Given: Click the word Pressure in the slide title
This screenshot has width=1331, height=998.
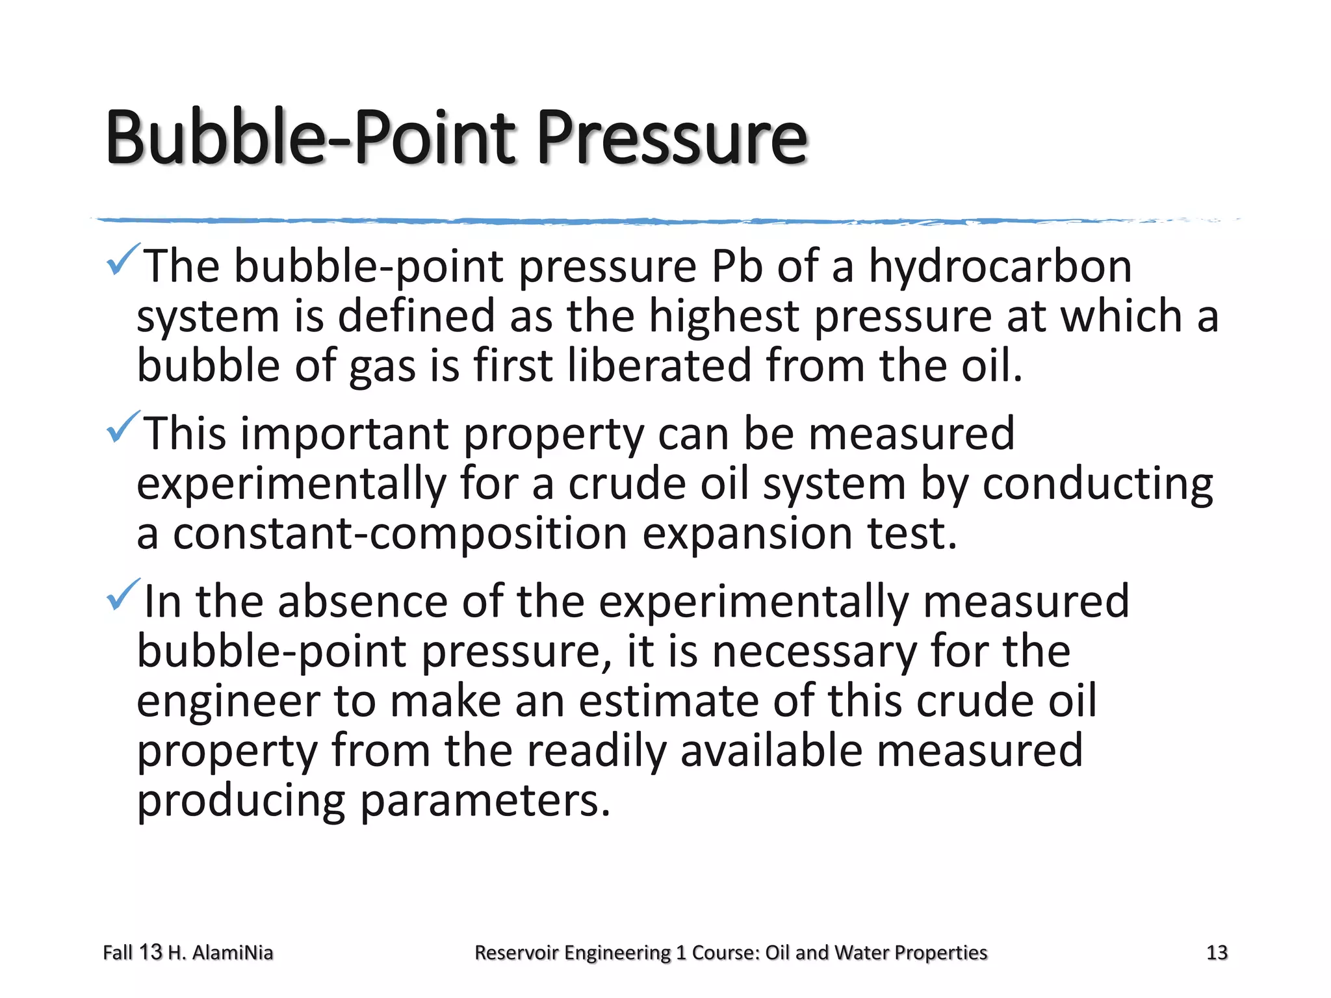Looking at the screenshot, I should point(672,138).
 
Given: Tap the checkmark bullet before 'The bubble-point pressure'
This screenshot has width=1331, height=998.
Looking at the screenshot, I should point(122,260).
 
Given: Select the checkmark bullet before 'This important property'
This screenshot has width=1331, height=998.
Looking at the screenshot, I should point(122,428).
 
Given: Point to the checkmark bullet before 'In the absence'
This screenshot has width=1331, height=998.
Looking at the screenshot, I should point(122,595).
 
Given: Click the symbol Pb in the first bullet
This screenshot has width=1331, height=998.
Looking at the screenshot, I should point(736,266).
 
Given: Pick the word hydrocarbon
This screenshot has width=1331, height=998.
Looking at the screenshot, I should point(1000,268).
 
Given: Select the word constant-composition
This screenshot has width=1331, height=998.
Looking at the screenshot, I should point(399,534).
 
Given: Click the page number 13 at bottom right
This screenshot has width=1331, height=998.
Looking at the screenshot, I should point(1217,953).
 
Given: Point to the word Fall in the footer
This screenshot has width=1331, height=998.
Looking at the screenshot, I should point(118,953).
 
